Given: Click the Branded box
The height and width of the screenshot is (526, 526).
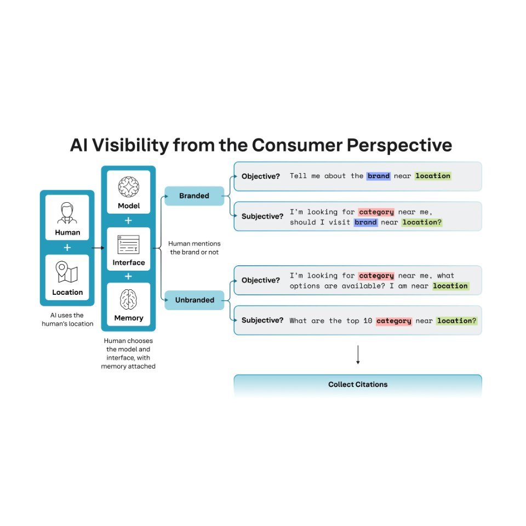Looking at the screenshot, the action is [x=194, y=196].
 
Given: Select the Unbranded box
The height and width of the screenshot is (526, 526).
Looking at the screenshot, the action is [x=194, y=300].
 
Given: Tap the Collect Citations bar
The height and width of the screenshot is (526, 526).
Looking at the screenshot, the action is [x=358, y=385].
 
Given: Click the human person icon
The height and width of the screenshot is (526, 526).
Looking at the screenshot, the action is [x=67, y=214].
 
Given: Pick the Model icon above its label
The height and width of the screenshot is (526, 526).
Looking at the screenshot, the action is [x=129, y=187].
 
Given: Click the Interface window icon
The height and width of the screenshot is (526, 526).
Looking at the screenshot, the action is [x=129, y=244].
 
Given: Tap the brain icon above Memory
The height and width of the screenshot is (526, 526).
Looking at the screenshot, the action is [x=129, y=300].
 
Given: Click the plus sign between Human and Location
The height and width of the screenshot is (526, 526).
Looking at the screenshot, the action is [x=67, y=247].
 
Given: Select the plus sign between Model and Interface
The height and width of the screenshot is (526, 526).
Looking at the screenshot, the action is [x=129, y=220].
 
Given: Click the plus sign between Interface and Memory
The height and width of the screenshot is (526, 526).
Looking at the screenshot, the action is [x=129, y=276].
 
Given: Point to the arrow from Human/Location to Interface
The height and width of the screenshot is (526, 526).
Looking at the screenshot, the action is [x=98, y=248].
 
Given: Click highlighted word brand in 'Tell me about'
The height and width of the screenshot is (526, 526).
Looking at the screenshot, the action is [x=379, y=176].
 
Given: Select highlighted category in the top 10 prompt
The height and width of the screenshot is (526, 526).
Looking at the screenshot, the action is [x=393, y=321].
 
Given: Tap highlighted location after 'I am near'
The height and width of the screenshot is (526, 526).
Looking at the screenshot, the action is [x=450, y=286].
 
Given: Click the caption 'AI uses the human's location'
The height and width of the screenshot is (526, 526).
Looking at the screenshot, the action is [x=67, y=319].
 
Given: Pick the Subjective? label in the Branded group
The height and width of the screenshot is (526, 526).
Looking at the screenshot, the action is [x=262, y=216].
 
